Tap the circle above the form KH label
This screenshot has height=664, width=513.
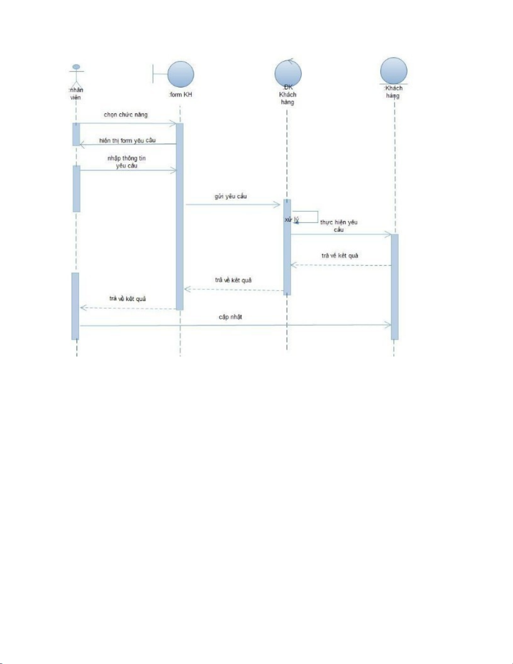180,74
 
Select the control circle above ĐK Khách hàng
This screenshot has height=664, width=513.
288,72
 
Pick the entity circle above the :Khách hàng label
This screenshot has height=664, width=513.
394,70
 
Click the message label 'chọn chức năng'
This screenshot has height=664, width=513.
126,115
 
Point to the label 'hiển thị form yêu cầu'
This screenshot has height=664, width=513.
127,141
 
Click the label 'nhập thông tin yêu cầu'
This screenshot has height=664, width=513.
126,162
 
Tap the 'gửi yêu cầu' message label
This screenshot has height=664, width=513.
231,196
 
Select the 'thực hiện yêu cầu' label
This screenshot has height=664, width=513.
339,226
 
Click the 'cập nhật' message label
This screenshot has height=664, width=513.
230,317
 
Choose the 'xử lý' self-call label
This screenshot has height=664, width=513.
291,220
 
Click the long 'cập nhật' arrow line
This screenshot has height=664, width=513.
235,325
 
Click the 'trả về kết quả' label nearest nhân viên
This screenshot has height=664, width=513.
128,299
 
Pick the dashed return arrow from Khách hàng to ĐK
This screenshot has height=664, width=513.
341,265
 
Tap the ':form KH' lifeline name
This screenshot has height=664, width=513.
180,95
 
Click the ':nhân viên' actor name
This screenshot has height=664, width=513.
76,94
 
